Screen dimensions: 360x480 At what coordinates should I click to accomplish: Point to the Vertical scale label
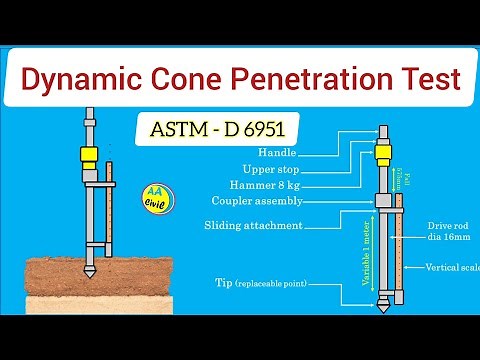pyautogui.click(x=452, y=268)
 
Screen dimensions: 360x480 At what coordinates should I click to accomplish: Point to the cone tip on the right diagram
pyautogui.click(x=382, y=302)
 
